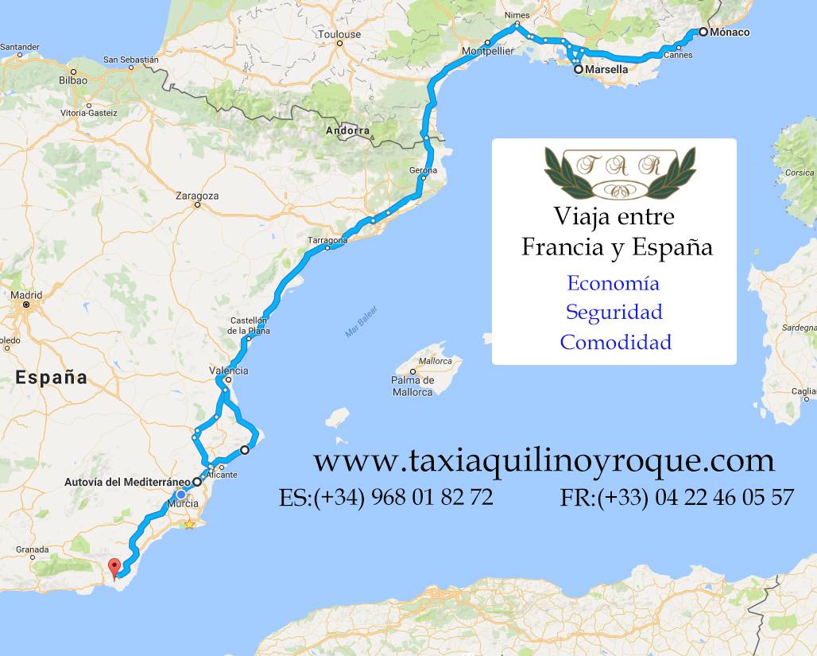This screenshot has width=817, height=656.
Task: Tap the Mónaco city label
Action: (730, 33)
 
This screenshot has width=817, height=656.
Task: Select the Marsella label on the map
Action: (606, 70)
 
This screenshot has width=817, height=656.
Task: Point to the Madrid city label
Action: (26, 295)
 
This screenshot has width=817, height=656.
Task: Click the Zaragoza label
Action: (197, 196)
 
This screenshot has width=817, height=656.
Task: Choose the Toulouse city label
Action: (339, 34)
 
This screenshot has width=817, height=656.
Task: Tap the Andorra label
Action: (347, 130)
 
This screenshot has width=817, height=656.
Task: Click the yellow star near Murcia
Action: (190, 524)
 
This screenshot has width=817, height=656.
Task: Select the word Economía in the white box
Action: (613, 283)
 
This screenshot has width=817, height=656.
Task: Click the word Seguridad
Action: (614, 312)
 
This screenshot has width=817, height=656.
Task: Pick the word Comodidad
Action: (615, 342)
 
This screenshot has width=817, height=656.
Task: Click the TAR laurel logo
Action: (620, 173)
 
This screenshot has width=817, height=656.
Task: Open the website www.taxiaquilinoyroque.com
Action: (544, 460)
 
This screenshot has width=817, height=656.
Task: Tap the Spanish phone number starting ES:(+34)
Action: (386, 498)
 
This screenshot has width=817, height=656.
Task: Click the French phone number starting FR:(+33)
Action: (676, 498)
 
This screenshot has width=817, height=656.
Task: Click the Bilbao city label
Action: (73, 80)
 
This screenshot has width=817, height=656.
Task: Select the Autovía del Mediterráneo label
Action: (127, 482)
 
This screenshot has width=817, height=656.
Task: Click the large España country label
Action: (51, 377)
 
